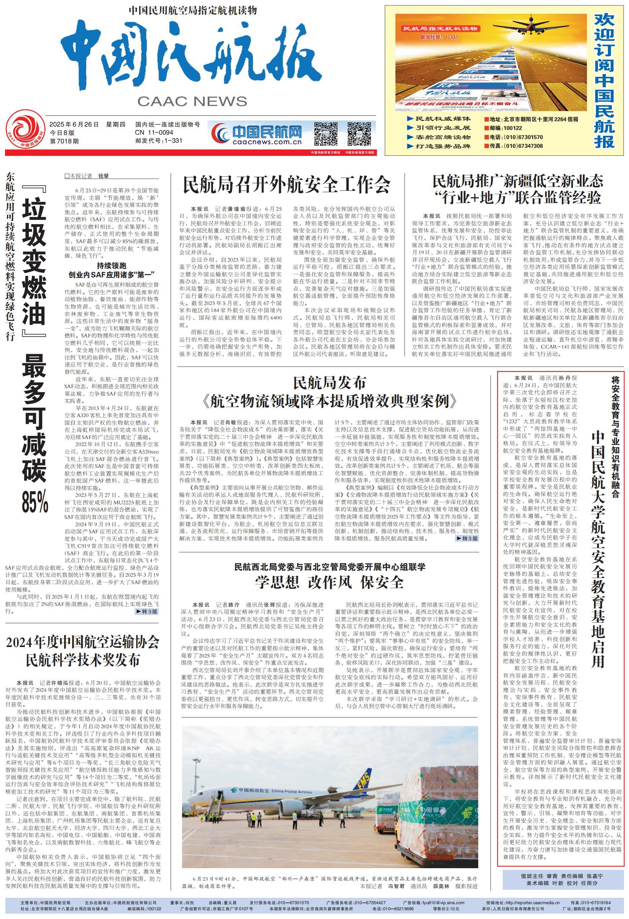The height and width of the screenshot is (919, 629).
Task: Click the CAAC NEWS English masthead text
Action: pos(192,101)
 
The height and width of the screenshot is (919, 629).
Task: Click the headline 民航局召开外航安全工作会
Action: pos(286,184)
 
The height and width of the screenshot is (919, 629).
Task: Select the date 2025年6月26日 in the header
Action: pos(74,125)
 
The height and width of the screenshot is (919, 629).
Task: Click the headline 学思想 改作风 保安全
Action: pos(329,582)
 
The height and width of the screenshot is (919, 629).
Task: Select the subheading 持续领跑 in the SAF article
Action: pos(112,266)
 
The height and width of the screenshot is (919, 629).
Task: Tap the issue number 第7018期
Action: pos(64,141)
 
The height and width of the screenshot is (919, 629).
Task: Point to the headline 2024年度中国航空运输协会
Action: pos(82,642)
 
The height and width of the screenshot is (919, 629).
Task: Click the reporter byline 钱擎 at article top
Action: pos(103,176)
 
